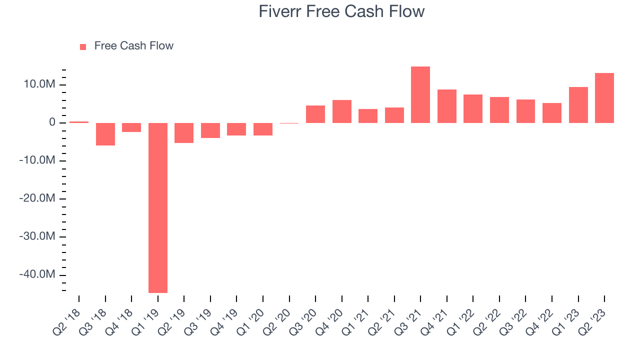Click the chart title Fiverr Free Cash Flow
[x=341, y=11]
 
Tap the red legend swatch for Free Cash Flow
[x=83, y=47]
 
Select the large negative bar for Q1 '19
[x=158, y=207]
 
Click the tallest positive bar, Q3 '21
[x=420, y=95]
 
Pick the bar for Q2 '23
[x=604, y=98]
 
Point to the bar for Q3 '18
[x=105, y=134]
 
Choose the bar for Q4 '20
[x=341, y=111]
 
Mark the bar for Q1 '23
[x=578, y=105]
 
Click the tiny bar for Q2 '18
[x=79, y=122]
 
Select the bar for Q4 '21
[x=447, y=106]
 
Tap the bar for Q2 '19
[x=184, y=133]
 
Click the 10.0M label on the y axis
[x=39, y=84]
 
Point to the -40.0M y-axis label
[x=37, y=274]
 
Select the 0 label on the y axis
[x=52, y=122]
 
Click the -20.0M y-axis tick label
[x=37, y=198]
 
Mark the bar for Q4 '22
[x=552, y=113]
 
